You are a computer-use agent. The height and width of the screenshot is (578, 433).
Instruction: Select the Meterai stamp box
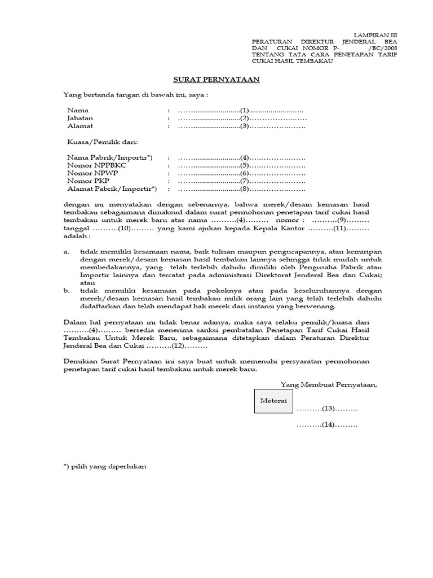click(x=273, y=400)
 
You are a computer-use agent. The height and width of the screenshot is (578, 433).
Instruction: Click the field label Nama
click(x=78, y=110)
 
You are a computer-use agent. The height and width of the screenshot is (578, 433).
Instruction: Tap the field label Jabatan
click(x=81, y=118)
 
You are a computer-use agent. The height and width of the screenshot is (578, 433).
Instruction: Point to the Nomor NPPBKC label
click(x=97, y=165)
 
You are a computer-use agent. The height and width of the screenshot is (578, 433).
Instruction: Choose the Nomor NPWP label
click(x=91, y=173)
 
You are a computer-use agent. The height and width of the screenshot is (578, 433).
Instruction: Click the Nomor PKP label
click(x=89, y=181)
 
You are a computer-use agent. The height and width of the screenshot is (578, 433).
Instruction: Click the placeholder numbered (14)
click(x=328, y=424)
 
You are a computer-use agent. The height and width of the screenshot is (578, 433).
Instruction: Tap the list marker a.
click(x=67, y=251)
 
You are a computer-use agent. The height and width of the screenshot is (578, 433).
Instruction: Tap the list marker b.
click(x=67, y=290)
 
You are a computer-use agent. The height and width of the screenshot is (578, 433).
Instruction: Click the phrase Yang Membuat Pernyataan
click(x=329, y=385)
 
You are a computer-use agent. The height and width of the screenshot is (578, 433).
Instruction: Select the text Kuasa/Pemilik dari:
click(x=102, y=142)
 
